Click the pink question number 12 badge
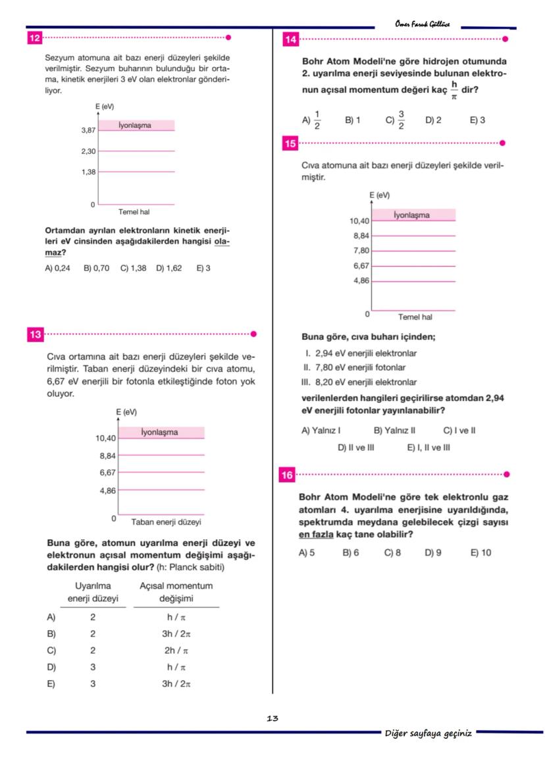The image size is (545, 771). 35,38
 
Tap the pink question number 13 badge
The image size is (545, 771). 35,334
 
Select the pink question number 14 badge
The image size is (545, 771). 290,40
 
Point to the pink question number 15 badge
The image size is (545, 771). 290,143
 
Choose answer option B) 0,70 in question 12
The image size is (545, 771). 96,268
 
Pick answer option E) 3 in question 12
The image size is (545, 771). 203,268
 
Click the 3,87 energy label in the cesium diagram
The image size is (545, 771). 88,131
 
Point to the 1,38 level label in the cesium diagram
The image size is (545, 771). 88,172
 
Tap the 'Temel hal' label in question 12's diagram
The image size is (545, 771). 134,212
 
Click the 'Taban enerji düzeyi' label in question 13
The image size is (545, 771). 166,521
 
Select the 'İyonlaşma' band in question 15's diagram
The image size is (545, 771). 413,215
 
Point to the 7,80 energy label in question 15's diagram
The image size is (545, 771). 361,251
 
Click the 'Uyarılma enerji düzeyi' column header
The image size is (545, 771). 93,593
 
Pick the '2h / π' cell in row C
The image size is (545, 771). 176,650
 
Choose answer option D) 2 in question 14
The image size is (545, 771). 433,120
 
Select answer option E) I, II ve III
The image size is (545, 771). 428,448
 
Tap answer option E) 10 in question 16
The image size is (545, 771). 480,553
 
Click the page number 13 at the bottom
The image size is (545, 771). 272,718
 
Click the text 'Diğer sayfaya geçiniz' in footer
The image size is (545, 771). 428,733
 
